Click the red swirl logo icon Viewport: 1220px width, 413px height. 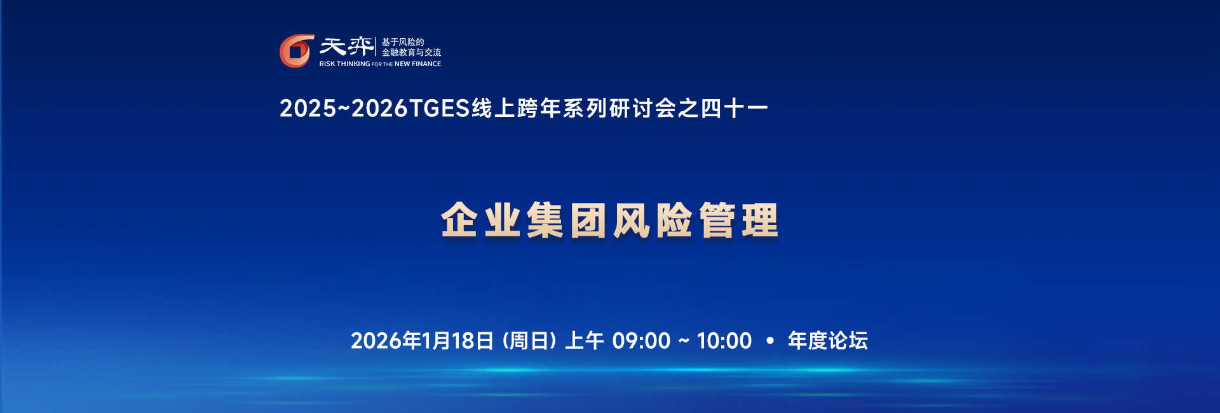(297, 51)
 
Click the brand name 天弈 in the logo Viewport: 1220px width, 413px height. (346, 46)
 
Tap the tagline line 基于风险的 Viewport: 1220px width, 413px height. (403, 42)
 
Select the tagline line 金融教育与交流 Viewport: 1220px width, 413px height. (411, 53)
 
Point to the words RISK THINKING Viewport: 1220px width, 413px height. (344, 64)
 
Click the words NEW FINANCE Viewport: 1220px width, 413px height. (417, 64)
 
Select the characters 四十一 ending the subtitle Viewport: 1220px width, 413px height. (735, 109)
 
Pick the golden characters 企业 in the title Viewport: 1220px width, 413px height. (481, 220)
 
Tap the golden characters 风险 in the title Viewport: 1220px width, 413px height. (653, 220)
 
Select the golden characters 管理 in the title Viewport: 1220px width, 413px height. (739, 220)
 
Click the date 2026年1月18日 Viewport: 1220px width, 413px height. (423, 341)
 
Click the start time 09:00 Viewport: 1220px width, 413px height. (641, 341)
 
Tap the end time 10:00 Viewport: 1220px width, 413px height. (724, 341)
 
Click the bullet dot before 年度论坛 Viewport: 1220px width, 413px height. (770, 341)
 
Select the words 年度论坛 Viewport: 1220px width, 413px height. (828, 341)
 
